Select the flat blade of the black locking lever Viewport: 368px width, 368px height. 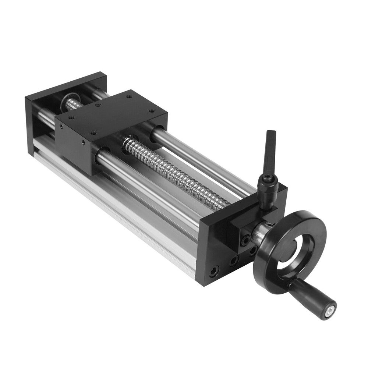(271, 151)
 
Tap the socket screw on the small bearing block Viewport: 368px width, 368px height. (245, 241)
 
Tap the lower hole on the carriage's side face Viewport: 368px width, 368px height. (84, 142)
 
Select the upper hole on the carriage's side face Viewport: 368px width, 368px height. (61, 127)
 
